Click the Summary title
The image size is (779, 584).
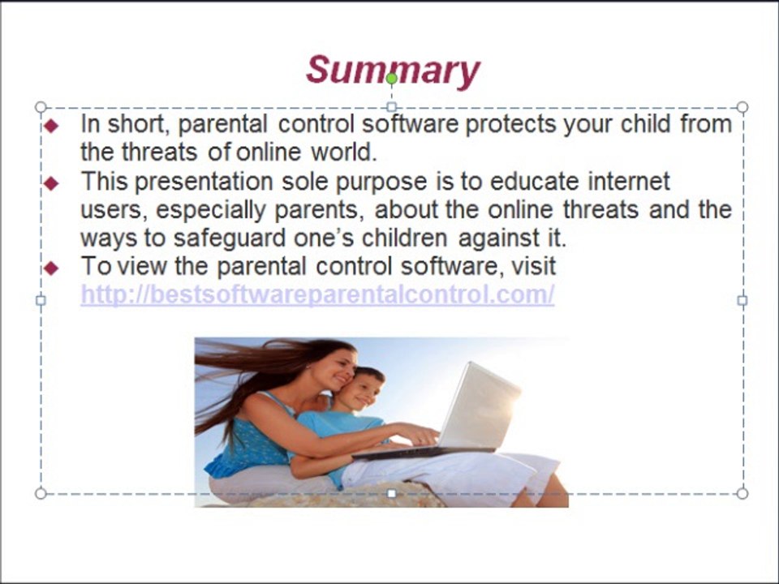point(393,71)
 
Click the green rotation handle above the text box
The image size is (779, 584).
point(391,79)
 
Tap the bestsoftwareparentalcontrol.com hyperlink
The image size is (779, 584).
point(317,294)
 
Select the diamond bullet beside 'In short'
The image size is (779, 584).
point(51,126)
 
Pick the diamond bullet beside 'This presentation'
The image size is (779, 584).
point(51,183)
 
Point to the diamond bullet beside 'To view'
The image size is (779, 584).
point(51,268)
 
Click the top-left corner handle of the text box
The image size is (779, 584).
point(41,107)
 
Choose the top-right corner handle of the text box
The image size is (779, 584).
point(742,107)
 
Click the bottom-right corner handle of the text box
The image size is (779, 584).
point(742,493)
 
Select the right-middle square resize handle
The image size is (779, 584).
point(742,300)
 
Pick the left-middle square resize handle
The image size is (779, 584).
point(41,300)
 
